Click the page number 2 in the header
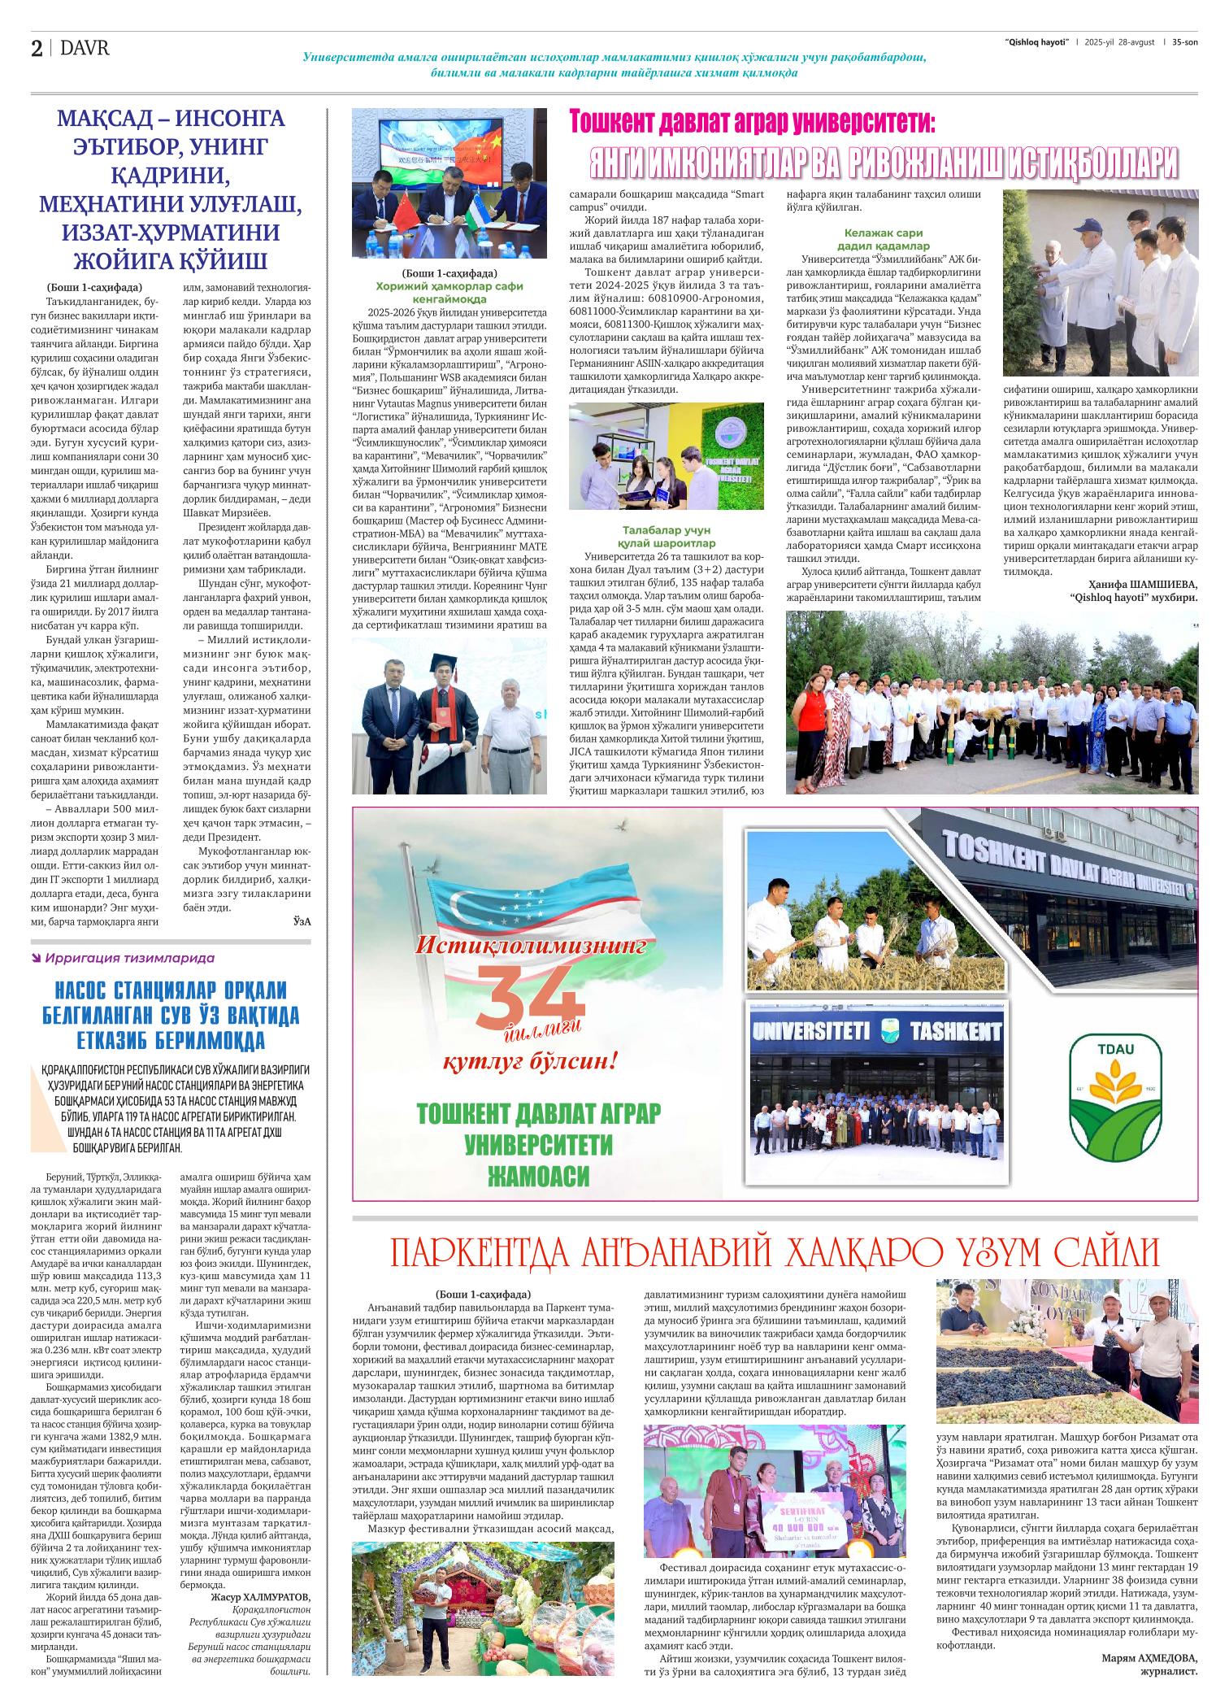coord(37,49)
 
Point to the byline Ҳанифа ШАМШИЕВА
coord(1142,585)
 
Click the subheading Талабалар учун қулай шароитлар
coord(669,537)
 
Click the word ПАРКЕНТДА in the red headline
coord(480,1254)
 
